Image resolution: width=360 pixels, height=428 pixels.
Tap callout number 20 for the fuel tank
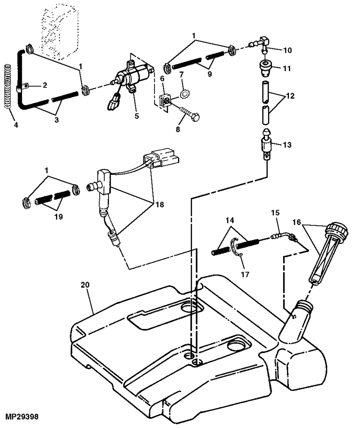tap(85, 285)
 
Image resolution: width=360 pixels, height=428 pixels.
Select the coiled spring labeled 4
tap(8, 87)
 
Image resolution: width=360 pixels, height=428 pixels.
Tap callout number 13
tap(287, 145)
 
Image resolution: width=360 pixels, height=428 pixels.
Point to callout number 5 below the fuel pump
tap(137, 116)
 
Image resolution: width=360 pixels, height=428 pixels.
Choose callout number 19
tap(58, 217)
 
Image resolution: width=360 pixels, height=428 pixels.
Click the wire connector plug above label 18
tap(161, 158)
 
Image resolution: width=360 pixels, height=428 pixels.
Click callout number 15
tap(276, 213)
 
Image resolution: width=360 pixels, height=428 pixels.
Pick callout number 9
tap(210, 74)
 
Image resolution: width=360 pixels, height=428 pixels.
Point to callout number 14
tap(230, 220)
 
